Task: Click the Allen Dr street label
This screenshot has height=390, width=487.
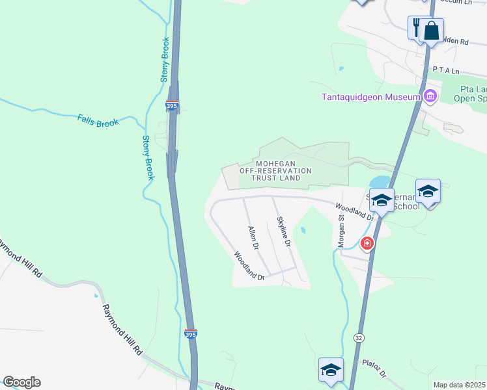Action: click(x=254, y=239)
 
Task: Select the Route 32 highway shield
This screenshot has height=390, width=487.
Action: click(x=359, y=337)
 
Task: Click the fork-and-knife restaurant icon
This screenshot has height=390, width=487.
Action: click(x=416, y=27)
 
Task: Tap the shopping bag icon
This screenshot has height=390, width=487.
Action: click(x=431, y=30)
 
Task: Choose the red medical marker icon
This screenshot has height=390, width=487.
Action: click(x=367, y=244)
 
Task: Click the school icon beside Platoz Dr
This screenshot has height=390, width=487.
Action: click(x=331, y=370)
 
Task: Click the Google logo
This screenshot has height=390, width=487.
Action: click(x=21, y=382)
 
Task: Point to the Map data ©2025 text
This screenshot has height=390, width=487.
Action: click(x=460, y=385)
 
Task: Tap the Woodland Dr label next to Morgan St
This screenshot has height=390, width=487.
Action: click(x=354, y=210)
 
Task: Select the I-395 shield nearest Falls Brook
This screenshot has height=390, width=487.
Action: click(x=172, y=105)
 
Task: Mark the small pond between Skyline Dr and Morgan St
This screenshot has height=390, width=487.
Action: click(x=303, y=229)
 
